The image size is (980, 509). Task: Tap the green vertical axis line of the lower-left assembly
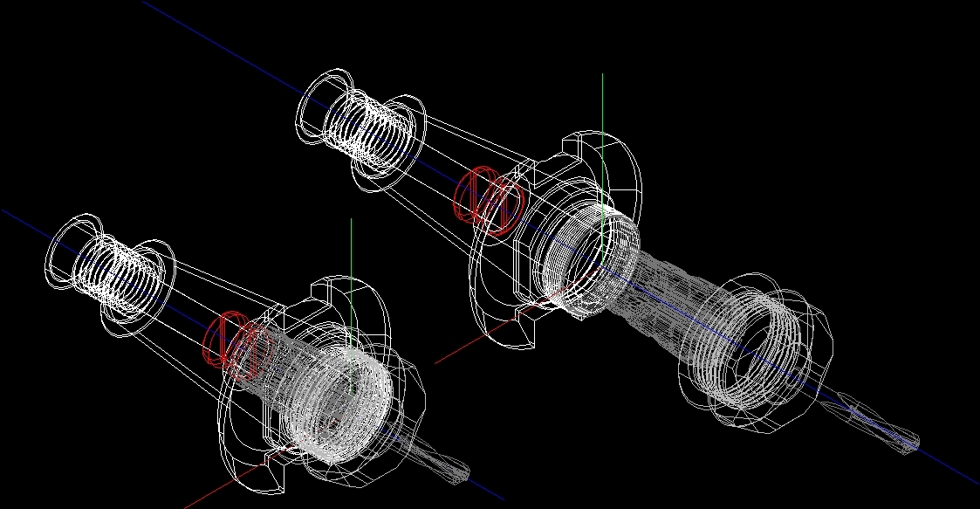[351, 253]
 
